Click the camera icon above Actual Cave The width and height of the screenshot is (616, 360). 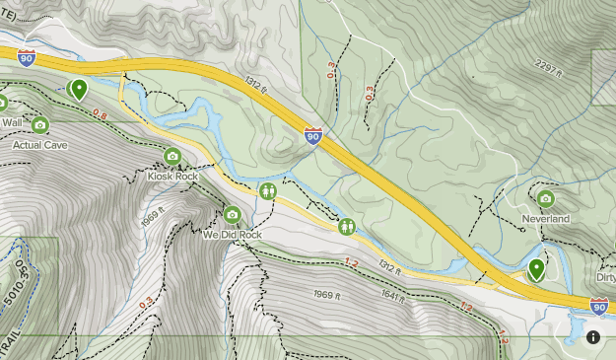coord(40,124)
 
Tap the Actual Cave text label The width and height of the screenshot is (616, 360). coord(39,144)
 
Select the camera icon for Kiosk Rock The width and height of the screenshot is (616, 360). coord(172,156)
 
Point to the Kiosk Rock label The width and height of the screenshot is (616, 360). coord(172,176)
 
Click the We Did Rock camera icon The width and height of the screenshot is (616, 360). coord(232,215)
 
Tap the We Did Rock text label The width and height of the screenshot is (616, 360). coord(232,236)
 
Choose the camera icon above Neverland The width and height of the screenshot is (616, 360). coord(546,198)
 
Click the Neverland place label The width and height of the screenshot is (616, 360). coord(546,218)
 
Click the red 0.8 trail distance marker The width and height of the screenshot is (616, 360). coord(100,114)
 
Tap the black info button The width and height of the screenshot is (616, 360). coord(594,337)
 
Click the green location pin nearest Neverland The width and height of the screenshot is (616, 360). coord(537,268)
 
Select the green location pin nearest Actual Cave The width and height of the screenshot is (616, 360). coord(79,89)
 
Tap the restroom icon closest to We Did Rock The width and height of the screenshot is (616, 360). coord(268,190)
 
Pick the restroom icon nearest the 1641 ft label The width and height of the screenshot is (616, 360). coord(347,227)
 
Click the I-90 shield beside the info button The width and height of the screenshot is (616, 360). coord(598,306)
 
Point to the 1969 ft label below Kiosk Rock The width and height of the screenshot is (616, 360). coord(150,218)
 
